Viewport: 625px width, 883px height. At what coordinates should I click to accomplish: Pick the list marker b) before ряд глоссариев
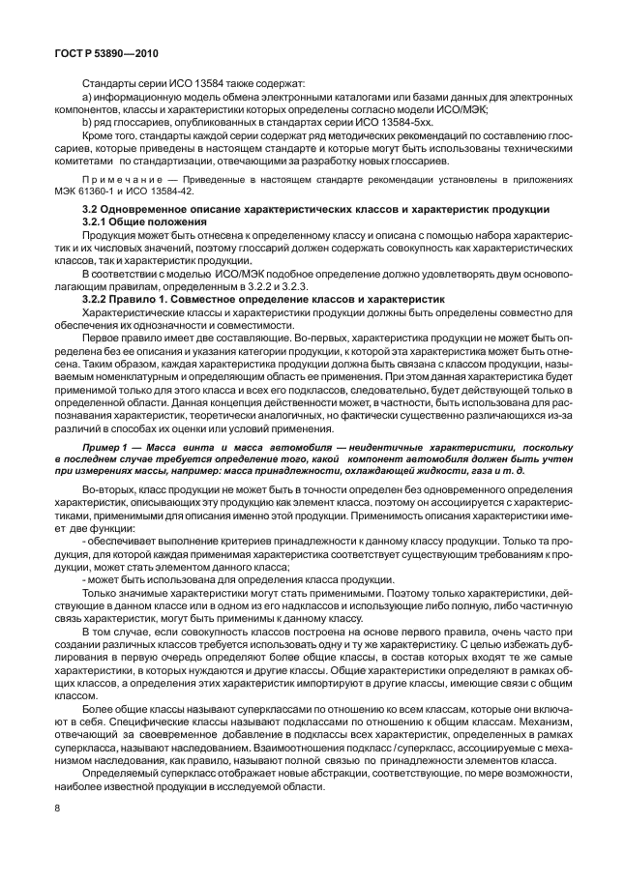pyautogui.click(x=87, y=124)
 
